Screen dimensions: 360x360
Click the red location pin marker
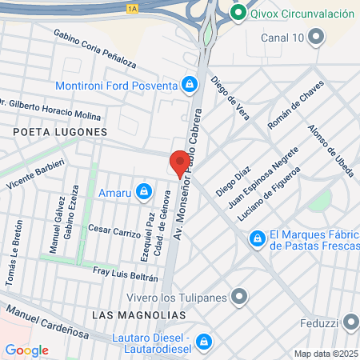pyautogui.click(x=179, y=163)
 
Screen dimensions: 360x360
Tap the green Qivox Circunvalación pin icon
pyautogui.click(x=237, y=14)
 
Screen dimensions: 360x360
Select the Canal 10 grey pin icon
pyautogui.click(x=317, y=37)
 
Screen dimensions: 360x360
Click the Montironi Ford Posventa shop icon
pyautogui.click(x=190, y=83)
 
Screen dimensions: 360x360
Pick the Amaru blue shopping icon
pyautogui.click(x=144, y=191)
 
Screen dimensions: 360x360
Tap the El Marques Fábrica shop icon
pyautogui.click(x=258, y=238)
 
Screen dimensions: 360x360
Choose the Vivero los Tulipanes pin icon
pyautogui.click(x=238, y=298)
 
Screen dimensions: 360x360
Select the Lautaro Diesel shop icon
pyautogui.click(x=205, y=341)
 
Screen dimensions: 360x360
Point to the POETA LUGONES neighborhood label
pyautogui.click(x=60, y=131)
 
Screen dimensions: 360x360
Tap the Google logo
pyautogui.click(x=26, y=350)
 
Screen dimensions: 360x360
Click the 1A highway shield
pyautogui.click(x=131, y=8)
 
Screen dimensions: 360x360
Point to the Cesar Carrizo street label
pyautogui.click(x=114, y=230)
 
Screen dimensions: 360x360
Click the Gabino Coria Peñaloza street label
pyautogui.click(x=95, y=49)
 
